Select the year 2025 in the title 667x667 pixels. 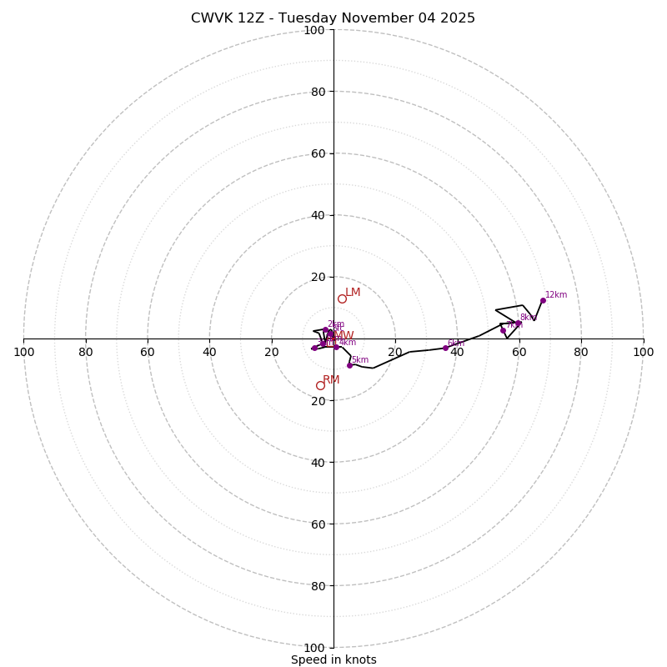pos(455,18)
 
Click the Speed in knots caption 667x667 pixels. pos(333,659)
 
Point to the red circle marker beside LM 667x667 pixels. pos(342,298)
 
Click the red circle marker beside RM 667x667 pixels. pos(320,385)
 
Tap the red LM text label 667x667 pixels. pos(353,293)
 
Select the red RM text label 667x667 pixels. pos(331,380)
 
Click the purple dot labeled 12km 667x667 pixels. pos(543,300)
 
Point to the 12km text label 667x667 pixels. pos(556,295)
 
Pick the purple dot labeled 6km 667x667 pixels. pos(445,348)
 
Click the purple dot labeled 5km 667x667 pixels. pos(349,365)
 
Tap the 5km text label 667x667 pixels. pos(360,360)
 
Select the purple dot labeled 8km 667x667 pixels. pos(519,323)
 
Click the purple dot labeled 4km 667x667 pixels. pos(337,347)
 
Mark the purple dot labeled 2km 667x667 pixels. pos(325,329)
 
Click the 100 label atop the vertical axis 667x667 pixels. pos(314,31)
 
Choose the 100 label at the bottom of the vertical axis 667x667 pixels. pos(314,648)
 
